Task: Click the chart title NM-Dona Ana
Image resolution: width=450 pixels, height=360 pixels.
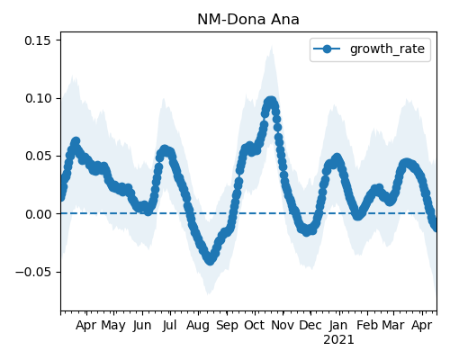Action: (x=248, y=20)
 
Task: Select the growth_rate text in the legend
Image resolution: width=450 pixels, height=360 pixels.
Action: (x=387, y=49)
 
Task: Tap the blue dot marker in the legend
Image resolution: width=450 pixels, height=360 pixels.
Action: (x=327, y=49)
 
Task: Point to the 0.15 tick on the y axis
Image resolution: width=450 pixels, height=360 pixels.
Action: (x=38, y=40)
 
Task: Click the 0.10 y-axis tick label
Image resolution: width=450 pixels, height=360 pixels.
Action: (x=38, y=98)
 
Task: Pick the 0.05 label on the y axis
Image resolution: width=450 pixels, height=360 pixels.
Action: (x=38, y=157)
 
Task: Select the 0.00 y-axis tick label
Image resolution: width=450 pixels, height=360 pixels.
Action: (x=38, y=214)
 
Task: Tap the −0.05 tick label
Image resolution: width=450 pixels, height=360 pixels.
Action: (x=33, y=272)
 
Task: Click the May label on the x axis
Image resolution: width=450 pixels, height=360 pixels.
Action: (x=113, y=326)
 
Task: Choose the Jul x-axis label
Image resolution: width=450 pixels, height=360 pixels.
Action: (x=169, y=325)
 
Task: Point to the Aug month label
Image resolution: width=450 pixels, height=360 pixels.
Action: (x=198, y=326)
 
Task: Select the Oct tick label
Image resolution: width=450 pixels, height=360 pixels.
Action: (x=255, y=325)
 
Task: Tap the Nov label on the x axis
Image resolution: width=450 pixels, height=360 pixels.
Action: (x=283, y=325)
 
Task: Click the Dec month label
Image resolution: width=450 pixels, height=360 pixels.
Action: (x=310, y=325)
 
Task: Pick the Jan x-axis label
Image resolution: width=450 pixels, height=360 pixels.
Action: (x=338, y=325)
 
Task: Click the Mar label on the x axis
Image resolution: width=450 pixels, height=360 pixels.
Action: (x=393, y=325)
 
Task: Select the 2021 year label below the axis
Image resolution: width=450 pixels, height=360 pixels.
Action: (x=338, y=340)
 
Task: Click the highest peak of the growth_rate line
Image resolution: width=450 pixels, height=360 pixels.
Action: (x=271, y=102)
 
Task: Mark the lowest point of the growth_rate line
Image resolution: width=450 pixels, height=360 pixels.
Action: (x=211, y=260)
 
